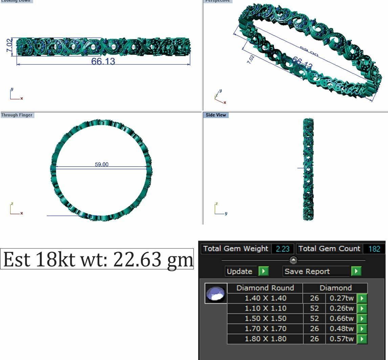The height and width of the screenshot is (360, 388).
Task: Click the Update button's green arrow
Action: [263, 271]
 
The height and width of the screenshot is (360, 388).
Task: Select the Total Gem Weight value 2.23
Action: [282, 249]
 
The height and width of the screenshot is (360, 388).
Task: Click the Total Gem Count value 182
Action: [374, 249]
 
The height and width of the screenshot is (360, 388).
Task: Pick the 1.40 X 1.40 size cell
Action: [265, 298]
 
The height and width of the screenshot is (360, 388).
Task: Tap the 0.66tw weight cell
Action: [341, 319]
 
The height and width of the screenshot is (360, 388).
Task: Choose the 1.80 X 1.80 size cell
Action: [265, 339]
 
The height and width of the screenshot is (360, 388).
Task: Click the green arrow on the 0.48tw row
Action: [362, 329]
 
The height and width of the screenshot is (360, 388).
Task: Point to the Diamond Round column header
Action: [265, 288]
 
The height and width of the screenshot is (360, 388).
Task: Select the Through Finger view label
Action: [17, 115]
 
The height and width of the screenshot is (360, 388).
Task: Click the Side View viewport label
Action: [216, 115]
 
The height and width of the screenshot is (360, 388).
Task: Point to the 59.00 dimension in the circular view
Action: [102, 165]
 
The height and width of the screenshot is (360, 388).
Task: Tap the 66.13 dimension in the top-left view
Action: [103, 61]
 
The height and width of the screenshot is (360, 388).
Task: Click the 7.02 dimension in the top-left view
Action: [9, 45]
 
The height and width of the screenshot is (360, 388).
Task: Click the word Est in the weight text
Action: [17, 259]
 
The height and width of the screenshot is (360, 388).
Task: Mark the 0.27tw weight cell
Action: [341, 298]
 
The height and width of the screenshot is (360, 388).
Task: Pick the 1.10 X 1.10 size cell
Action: [265, 309]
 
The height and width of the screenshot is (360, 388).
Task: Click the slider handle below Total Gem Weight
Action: [293, 260]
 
